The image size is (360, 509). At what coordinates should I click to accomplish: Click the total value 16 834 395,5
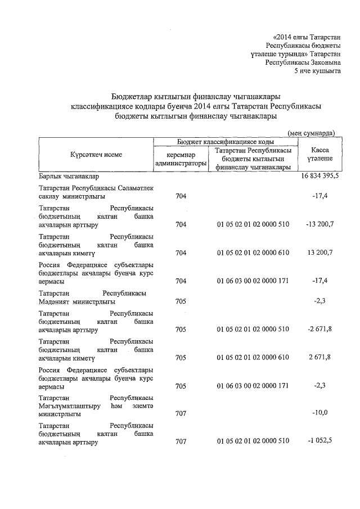tap(318, 177)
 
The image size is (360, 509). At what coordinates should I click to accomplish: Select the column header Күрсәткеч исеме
tap(96, 154)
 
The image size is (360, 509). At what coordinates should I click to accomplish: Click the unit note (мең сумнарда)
tap(311, 133)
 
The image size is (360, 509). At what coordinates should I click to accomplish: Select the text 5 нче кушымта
tap(318, 71)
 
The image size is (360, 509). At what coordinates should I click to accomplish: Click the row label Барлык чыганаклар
tap(69, 177)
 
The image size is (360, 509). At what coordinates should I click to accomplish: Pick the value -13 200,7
tap(318, 224)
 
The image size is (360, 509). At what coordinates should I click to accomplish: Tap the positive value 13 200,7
tap(319, 253)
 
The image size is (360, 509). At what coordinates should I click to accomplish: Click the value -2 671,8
tap(318, 328)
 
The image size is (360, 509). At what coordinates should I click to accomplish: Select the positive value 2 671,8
tap(319, 357)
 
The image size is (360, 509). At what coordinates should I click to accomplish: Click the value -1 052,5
tap(318, 442)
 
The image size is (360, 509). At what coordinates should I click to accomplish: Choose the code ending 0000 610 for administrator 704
tap(253, 253)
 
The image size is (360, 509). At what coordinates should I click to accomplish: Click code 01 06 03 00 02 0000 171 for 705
tap(253, 386)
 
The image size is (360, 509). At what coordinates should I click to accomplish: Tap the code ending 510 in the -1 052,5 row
tap(253, 442)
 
